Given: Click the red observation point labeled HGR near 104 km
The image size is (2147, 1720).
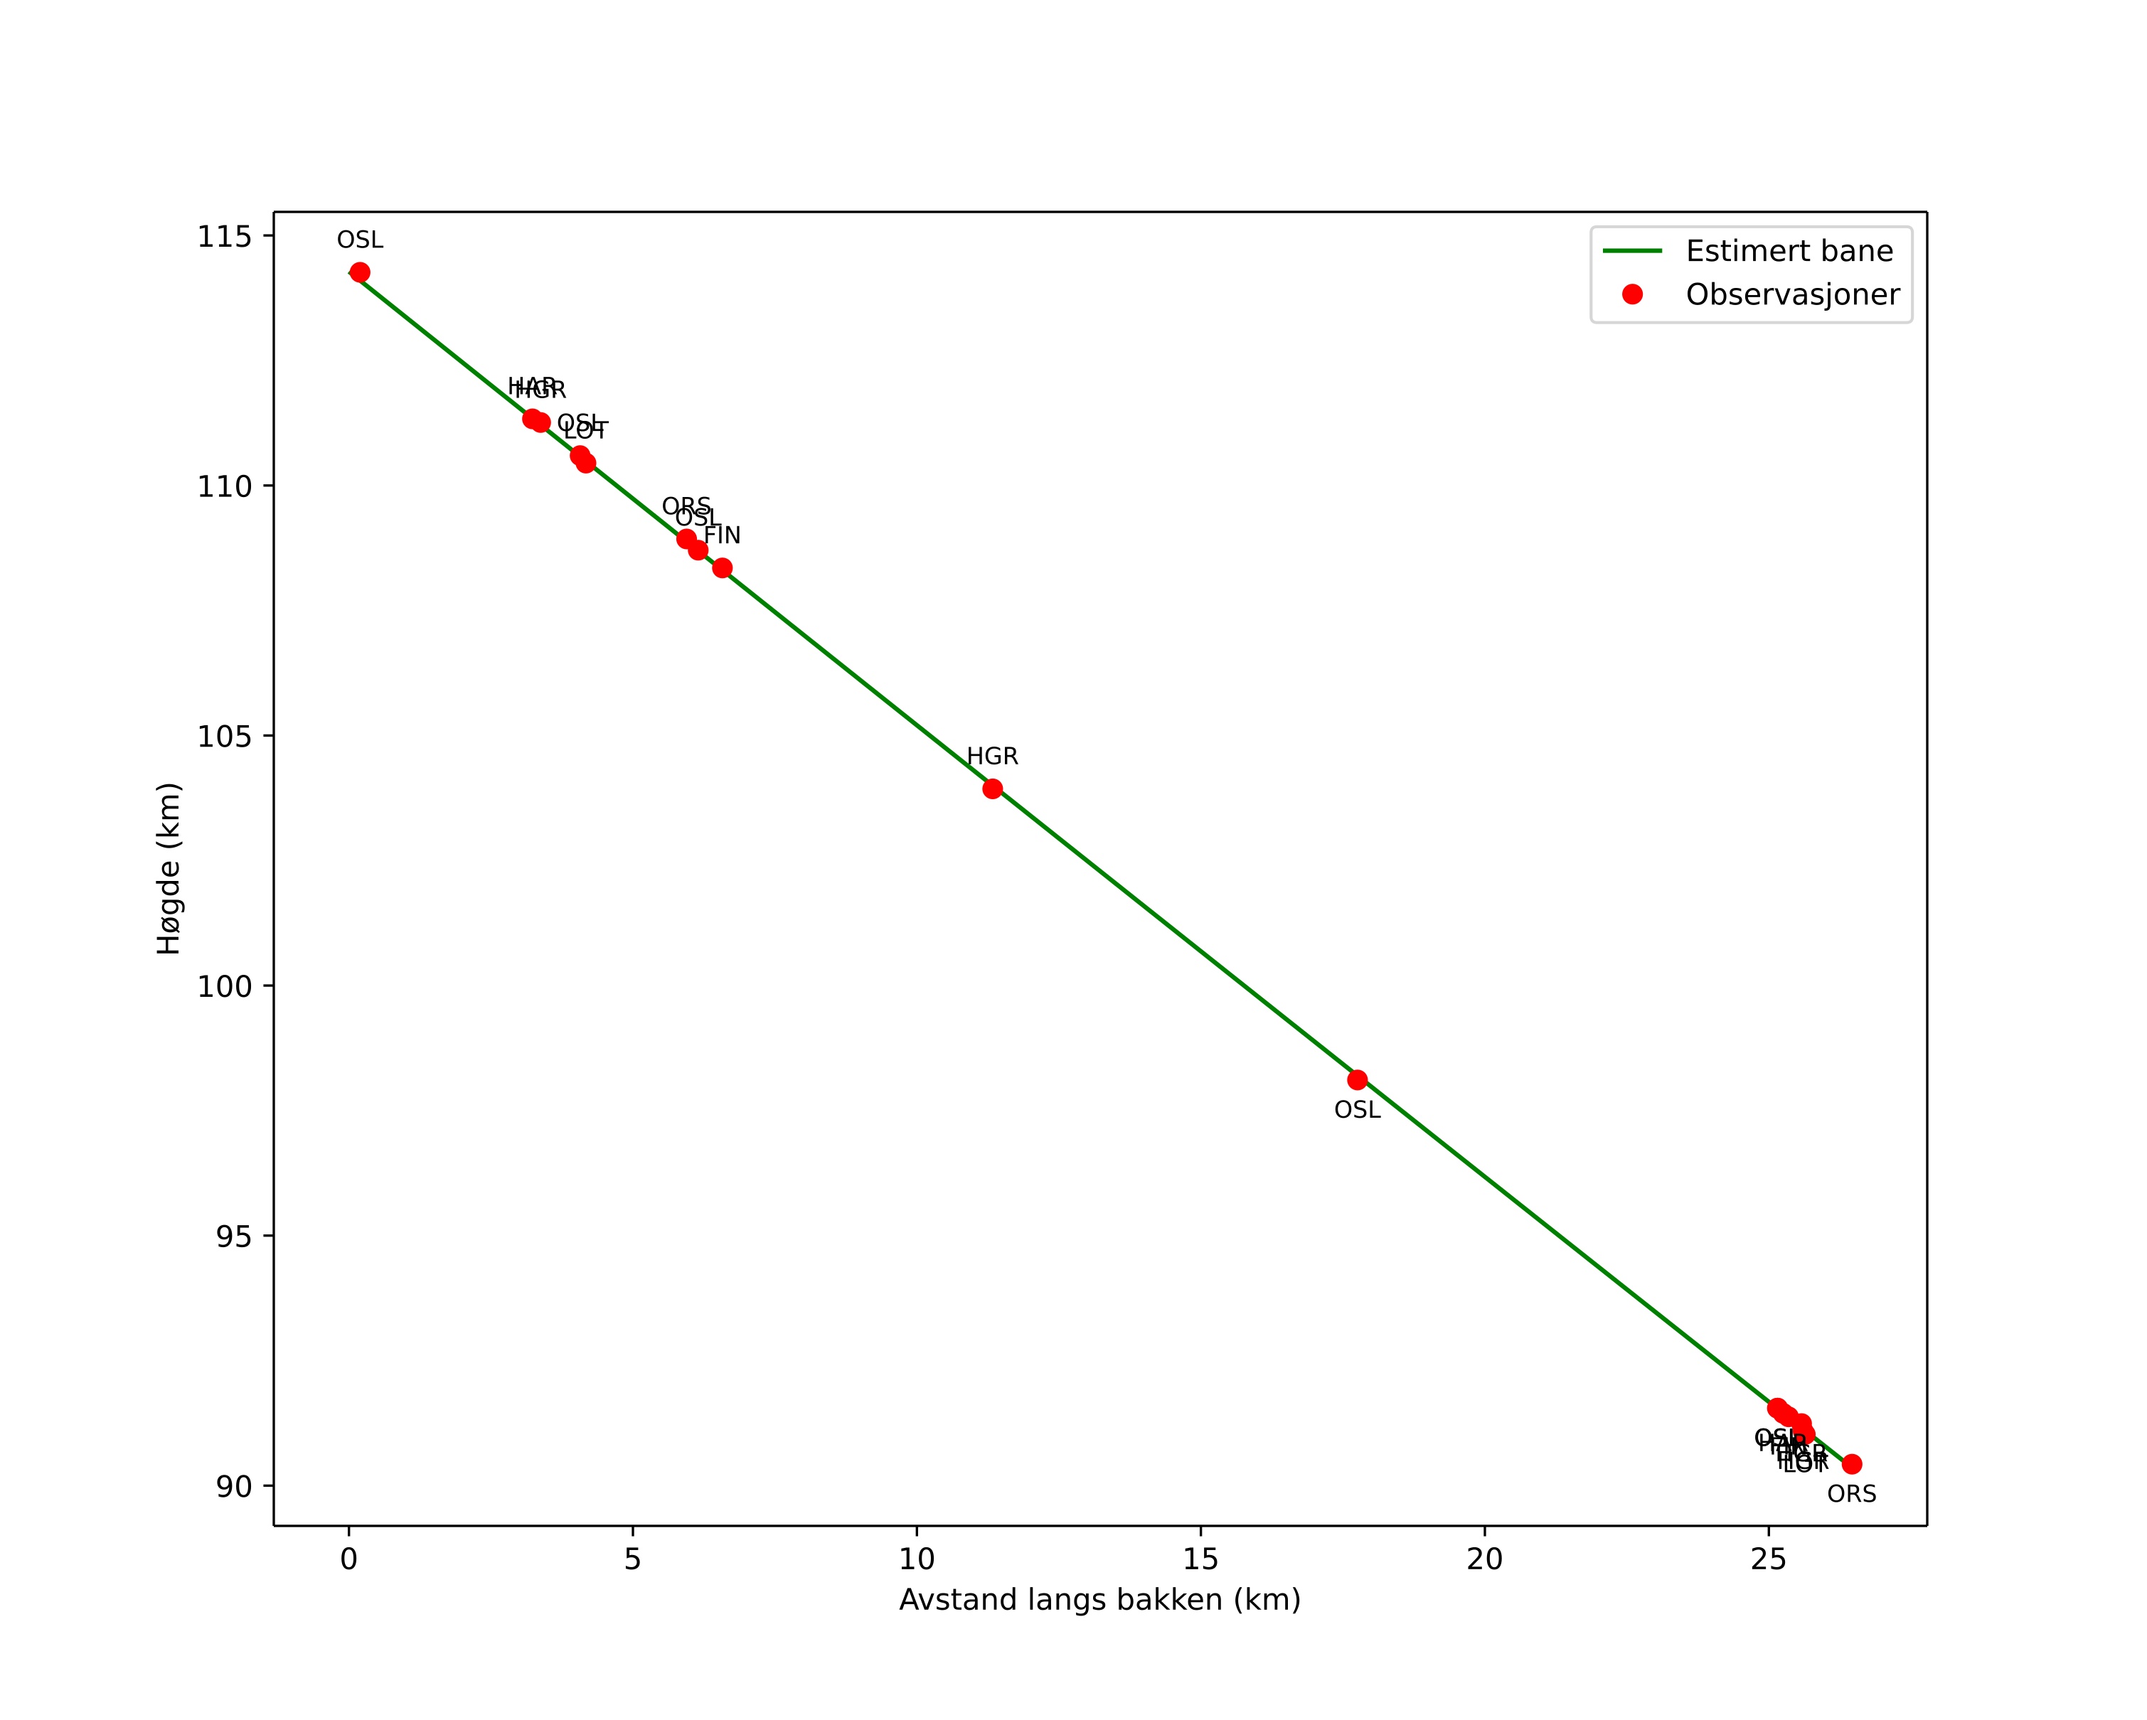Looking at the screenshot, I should pyautogui.click(x=993, y=789).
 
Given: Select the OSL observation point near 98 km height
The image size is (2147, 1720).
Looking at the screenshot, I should pyautogui.click(x=1358, y=1080).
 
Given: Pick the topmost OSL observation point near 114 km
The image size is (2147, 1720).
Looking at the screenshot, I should pyautogui.click(x=361, y=273).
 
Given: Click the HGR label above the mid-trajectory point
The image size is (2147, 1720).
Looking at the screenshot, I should pyautogui.click(x=993, y=757).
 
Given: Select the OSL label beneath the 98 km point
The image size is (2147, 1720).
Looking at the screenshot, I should pyautogui.click(x=1358, y=1110).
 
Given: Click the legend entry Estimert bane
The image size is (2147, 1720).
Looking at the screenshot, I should pyautogui.click(x=1789, y=251).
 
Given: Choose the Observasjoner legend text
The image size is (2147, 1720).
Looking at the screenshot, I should pyautogui.click(x=1793, y=294).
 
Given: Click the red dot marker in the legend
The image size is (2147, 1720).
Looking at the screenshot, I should pyautogui.click(x=1632, y=294).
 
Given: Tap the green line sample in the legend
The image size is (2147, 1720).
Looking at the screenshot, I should pyautogui.click(x=1632, y=251).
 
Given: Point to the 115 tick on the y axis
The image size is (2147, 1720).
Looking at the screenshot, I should pyautogui.click(x=223, y=237).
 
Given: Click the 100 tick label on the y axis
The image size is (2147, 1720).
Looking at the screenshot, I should pyautogui.click(x=223, y=986).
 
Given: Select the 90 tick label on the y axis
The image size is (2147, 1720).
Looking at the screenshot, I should pyautogui.click(x=234, y=1486).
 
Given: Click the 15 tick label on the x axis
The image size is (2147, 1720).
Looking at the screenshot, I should pyautogui.click(x=1201, y=1560).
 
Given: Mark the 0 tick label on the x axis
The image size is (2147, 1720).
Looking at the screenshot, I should pyautogui.click(x=348, y=1560).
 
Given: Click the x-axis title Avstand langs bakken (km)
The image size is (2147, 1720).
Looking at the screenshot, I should pyautogui.click(x=1100, y=1601).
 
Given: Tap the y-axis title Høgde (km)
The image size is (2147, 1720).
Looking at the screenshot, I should pyautogui.click(x=169, y=868).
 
